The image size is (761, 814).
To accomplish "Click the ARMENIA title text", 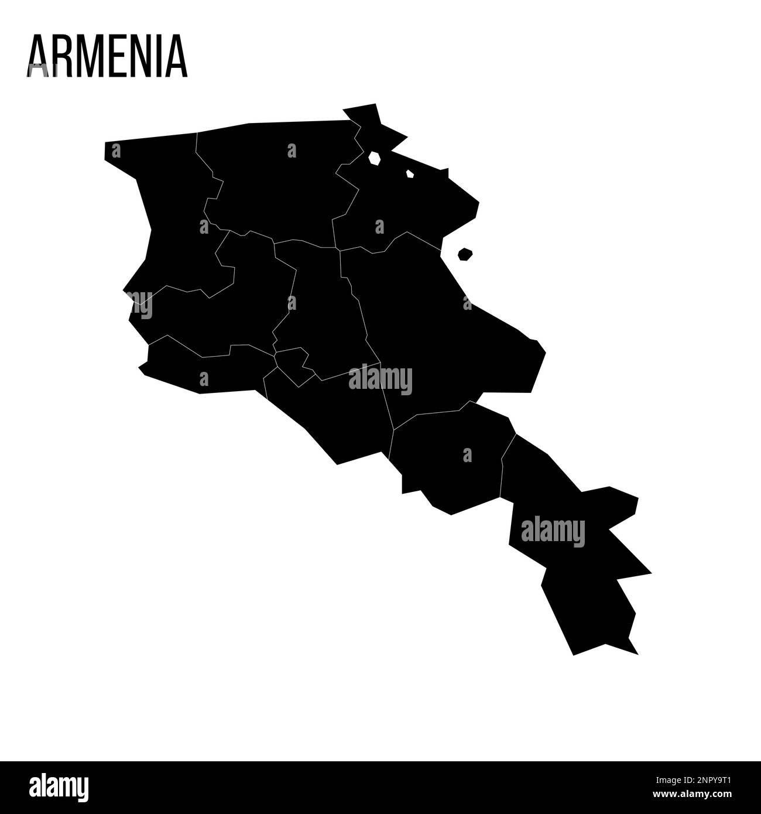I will (x=107, y=56).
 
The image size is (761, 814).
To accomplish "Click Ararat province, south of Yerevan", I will (x=334, y=416).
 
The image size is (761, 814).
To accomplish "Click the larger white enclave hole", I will (x=375, y=158).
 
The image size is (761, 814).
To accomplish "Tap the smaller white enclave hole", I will (x=410, y=174).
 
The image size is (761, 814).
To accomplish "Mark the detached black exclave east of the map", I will (x=465, y=254).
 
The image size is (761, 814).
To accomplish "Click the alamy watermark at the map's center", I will (x=380, y=379).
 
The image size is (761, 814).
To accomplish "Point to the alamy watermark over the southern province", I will (x=553, y=532).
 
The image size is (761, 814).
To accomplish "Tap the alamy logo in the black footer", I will (x=59, y=788).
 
